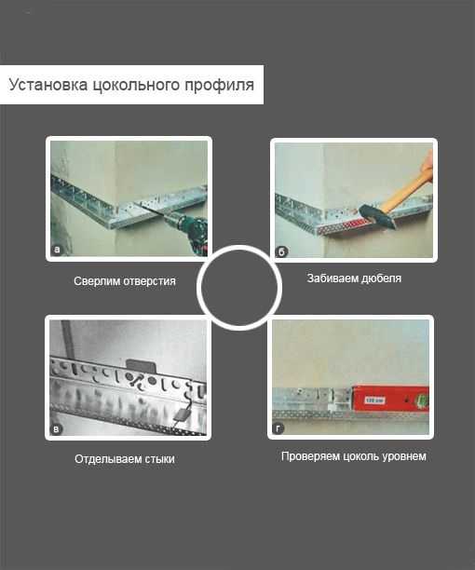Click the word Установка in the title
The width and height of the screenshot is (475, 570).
48,85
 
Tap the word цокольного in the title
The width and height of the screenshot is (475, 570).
136,86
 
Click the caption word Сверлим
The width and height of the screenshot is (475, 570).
97,281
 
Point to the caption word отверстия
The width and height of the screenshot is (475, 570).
150,281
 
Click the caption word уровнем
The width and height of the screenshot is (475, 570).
404,456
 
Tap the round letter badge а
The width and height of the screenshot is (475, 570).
56,250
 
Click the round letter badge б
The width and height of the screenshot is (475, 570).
281,251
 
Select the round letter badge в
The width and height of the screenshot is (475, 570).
56,429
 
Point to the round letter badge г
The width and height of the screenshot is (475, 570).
278,428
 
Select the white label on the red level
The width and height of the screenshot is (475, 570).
375,400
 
